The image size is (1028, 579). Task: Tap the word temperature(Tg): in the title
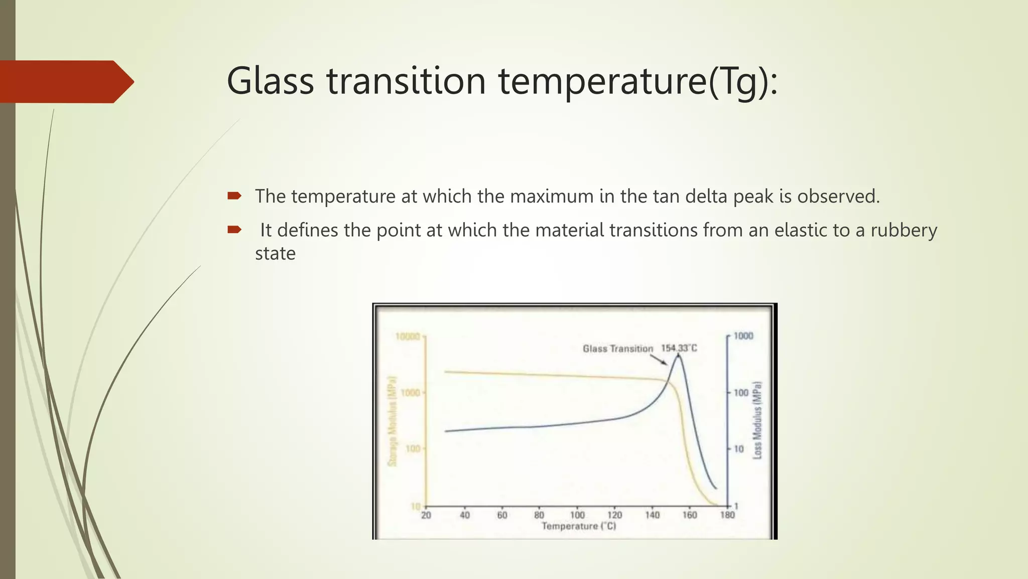(x=637, y=81)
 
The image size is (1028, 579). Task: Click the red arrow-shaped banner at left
(x=65, y=81)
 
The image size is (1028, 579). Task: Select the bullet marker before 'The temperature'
(x=234, y=196)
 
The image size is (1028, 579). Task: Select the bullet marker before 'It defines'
(x=234, y=230)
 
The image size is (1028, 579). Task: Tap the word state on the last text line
(x=275, y=253)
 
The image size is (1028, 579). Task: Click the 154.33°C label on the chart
(x=679, y=348)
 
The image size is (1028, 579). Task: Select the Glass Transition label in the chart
(x=617, y=348)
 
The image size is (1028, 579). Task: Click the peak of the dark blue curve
(x=679, y=356)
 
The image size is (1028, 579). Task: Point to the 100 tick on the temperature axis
(x=577, y=515)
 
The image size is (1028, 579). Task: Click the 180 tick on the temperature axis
(x=727, y=515)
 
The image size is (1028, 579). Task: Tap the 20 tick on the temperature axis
(x=426, y=515)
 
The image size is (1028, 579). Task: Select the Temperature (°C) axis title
(x=578, y=526)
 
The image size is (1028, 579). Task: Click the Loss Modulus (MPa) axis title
(x=757, y=420)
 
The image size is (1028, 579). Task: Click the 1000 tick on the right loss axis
(x=743, y=336)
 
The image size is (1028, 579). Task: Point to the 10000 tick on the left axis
(x=407, y=336)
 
